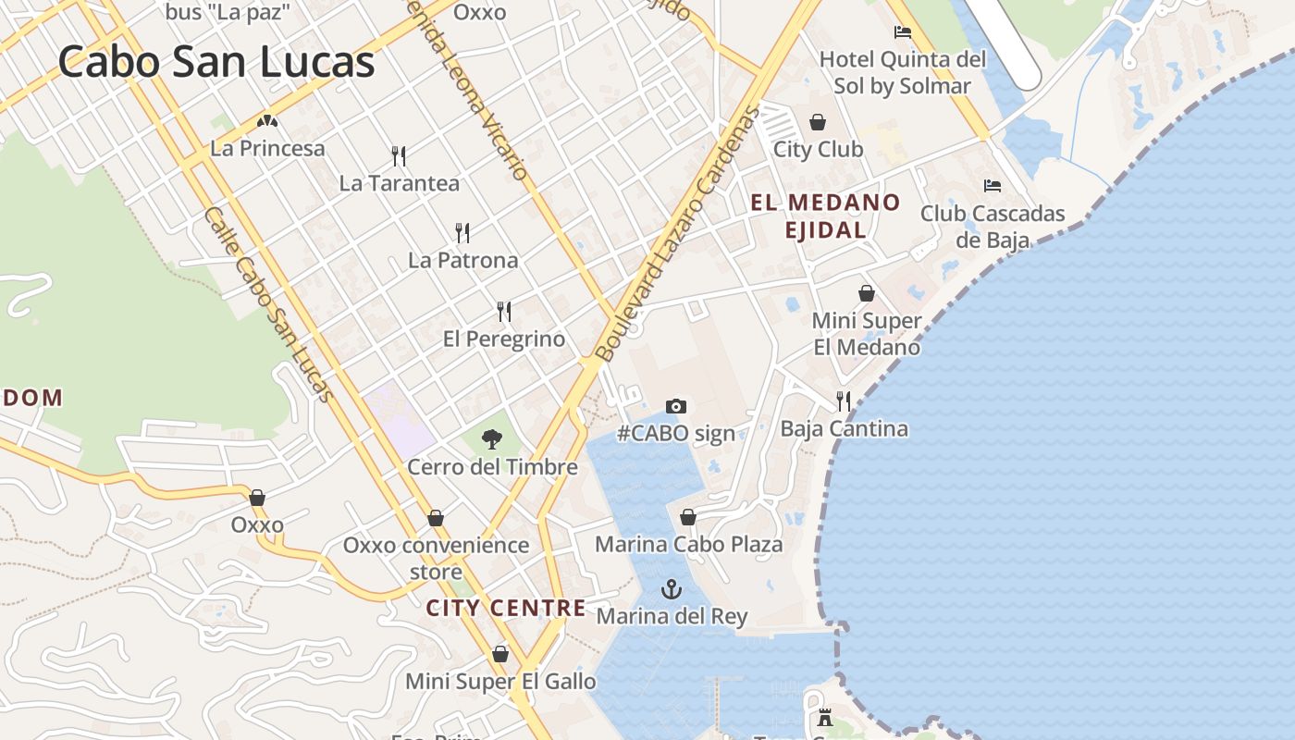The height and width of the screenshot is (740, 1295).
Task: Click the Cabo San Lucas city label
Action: point(216,63)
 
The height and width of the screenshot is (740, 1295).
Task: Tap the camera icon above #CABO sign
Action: point(676,406)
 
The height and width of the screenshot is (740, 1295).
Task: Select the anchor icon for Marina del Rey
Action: point(671,589)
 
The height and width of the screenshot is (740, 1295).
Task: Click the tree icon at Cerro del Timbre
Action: point(492,439)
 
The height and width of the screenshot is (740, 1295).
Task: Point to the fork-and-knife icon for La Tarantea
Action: point(399,155)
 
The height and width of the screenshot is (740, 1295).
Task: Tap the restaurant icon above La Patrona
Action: point(462,232)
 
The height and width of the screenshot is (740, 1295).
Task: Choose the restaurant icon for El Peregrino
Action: point(504,311)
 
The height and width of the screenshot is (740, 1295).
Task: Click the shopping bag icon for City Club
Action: point(818,122)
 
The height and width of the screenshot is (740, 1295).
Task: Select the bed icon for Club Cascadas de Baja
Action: point(993,186)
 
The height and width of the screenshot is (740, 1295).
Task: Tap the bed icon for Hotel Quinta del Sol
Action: point(903,32)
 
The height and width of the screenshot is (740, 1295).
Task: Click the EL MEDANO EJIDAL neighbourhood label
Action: point(825,216)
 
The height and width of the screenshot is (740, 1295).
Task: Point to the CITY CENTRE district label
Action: point(506,608)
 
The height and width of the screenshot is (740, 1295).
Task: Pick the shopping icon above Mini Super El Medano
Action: point(867,293)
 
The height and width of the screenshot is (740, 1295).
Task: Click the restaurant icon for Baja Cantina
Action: point(844,401)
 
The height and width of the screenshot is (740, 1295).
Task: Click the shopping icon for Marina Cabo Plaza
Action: point(688,517)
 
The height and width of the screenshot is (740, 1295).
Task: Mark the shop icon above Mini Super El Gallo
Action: point(500,654)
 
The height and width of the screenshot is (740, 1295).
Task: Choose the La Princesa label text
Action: point(268,148)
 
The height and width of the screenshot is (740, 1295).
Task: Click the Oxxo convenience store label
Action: point(436,558)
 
